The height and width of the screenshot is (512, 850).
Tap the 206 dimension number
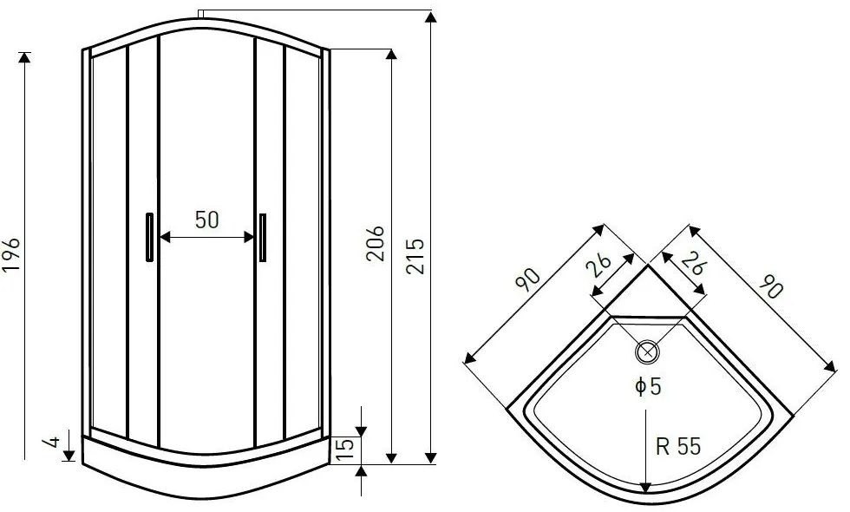point(375,244)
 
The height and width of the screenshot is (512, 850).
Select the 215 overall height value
point(415,256)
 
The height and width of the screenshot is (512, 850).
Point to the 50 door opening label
point(207,220)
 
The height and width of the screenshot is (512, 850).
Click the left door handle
point(149,237)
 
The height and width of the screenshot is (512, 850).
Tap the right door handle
point(263,238)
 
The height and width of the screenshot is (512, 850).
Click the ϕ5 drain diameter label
point(649,386)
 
